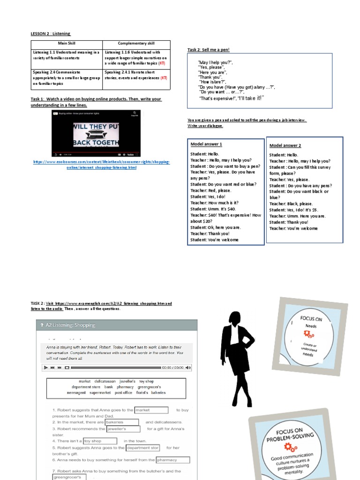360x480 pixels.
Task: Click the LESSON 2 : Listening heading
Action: [x=51, y=34]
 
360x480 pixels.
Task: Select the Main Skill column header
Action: [x=67, y=43]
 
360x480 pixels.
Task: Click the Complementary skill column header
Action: [x=136, y=43]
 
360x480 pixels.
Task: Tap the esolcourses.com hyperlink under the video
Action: [x=101, y=165]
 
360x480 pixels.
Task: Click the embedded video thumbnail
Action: [x=96, y=133]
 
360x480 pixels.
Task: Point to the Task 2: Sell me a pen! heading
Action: [x=209, y=50]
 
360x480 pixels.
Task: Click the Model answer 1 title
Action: [x=206, y=144]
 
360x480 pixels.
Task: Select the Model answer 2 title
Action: [x=285, y=146]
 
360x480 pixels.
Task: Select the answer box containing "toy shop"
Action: [x=100, y=441]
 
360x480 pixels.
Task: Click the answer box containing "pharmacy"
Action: [x=172, y=460]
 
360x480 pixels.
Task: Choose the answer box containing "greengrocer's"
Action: [x=69, y=477]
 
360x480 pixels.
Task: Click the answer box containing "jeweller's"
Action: [x=123, y=429]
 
